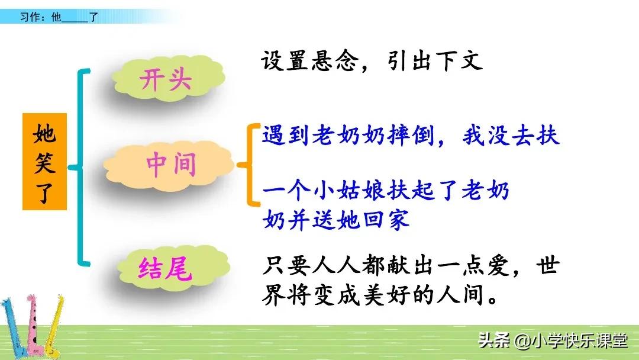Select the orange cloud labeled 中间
(x=170, y=165)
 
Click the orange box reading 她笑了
(x=45, y=160)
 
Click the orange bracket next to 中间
(x=249, y=165)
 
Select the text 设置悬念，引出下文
(x=372, y=61)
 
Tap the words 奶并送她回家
(x=335, y=220)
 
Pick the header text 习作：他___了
(x=59, y=18)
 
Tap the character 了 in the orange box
(x=45, y=193)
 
